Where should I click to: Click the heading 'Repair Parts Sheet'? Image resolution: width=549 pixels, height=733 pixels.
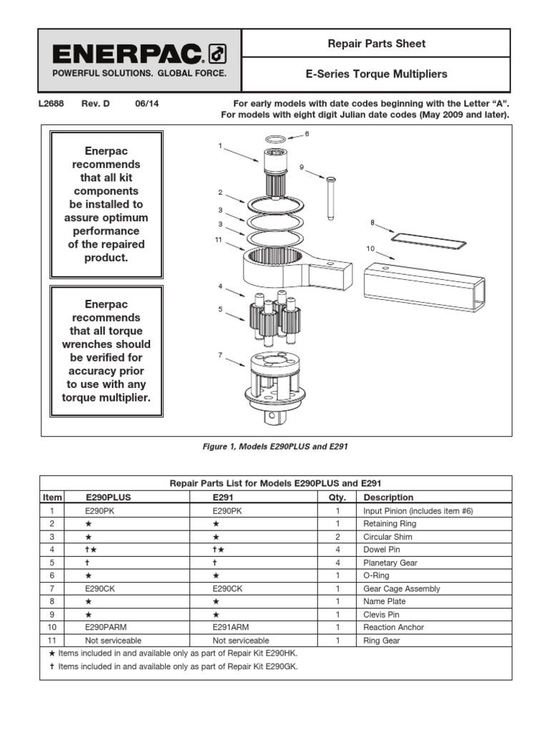tap(376, 44)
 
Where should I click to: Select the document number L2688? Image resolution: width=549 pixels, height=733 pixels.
tap(51, 103)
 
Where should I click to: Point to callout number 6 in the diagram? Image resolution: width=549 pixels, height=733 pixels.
tap(307, 134)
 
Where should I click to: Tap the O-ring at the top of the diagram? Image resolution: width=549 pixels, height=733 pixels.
tap(277, 139)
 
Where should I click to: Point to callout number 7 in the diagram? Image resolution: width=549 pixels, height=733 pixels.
tap(221, 355)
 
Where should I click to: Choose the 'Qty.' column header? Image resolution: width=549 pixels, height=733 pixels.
tap(337, 497)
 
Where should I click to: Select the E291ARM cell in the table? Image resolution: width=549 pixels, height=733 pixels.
tap(232, 627)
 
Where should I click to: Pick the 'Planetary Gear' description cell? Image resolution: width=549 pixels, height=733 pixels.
tap(390, 563)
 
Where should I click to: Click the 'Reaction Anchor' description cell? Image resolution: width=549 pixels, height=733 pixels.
tap(393, 627)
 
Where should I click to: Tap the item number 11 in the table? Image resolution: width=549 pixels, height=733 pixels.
tap(51, 641)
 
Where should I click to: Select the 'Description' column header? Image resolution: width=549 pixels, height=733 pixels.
tap(388, 497)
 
